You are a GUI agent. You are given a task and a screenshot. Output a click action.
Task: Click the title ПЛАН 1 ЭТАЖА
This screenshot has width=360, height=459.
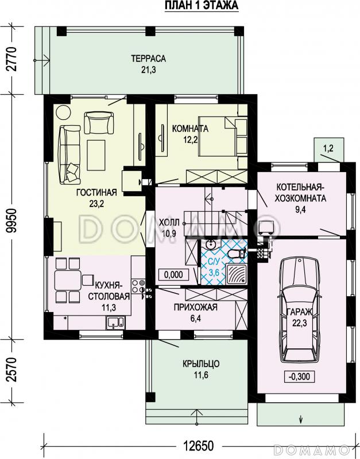point(202,6)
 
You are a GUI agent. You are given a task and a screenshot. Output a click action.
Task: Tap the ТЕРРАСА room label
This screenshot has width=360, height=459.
point(148,59)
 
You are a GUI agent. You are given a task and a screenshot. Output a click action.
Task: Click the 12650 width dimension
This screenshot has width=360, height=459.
point(199,446)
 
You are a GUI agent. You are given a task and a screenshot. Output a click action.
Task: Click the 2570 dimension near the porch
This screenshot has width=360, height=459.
point(11,369)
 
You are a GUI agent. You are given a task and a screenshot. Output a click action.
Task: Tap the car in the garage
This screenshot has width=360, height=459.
point(299,310)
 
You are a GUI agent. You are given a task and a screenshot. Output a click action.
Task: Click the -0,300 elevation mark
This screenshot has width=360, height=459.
point(299,376)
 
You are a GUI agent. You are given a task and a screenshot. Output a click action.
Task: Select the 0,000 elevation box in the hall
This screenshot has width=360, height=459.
point(173,275)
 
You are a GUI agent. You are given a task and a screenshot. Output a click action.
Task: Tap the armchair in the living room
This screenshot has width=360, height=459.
point(99,123)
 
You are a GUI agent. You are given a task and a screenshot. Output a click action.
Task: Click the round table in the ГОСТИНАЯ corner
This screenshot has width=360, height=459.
point(63,112)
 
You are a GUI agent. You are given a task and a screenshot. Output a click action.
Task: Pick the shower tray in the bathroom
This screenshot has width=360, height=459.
point(236,274)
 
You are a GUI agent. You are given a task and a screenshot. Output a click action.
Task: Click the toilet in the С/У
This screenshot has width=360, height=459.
point(237,253)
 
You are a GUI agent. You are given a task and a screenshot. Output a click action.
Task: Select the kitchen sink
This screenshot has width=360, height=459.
point(116,322)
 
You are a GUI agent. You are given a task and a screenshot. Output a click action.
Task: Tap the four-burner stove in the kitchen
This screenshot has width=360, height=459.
point(138,286)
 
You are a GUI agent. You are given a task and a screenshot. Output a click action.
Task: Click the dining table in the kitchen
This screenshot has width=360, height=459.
point(68,280)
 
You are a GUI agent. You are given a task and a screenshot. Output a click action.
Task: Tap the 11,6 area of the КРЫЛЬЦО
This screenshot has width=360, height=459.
point(201,375)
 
